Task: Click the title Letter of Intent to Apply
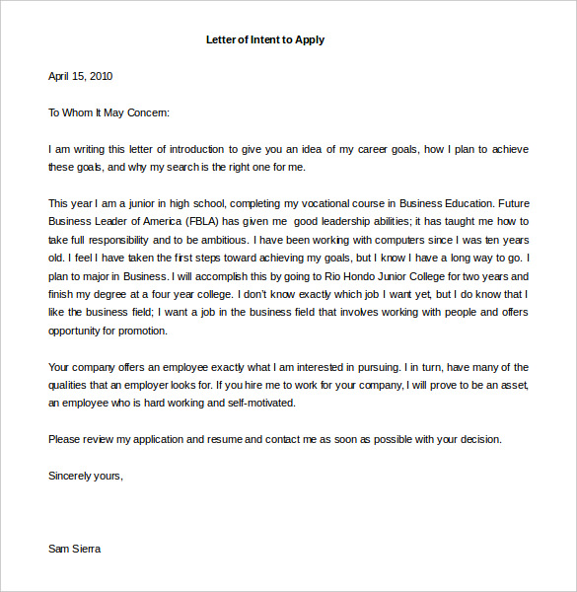[x=264, y=40]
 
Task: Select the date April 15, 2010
[x=81, y=76]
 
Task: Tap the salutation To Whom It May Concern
[x=109, y=112]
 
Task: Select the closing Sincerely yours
[x=86, y=476]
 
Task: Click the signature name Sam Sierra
[x=74, y=549]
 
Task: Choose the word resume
[x=225, y=439]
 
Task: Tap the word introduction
[x=194, y=149]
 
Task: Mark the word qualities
[x=70, y=385]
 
